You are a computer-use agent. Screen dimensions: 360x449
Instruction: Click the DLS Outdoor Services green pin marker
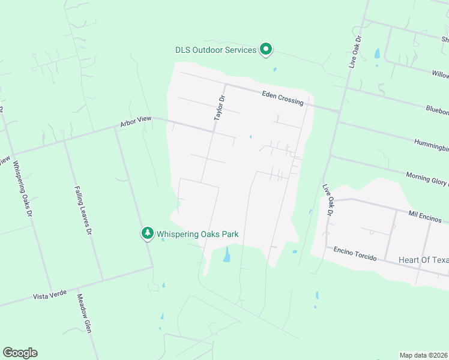pos(266,50)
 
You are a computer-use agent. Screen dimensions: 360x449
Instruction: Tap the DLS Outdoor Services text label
pos(215,50)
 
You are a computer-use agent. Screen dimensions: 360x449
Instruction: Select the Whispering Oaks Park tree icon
pos(147,233)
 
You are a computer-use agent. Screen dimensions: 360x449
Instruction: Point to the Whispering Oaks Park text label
pos(197,233)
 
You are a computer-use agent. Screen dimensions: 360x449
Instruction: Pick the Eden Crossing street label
pos(283,98)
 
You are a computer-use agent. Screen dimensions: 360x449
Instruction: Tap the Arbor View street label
pos(136,122)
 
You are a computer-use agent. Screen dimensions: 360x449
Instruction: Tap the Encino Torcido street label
pos(355,253)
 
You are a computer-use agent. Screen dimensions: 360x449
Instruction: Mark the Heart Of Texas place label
pos(423,260)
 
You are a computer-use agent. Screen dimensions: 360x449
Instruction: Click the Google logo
pos(20,352)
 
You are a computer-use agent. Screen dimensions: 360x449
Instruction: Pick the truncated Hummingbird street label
pos(431,144)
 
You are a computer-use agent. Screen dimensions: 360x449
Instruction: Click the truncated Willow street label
pos(440,74)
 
